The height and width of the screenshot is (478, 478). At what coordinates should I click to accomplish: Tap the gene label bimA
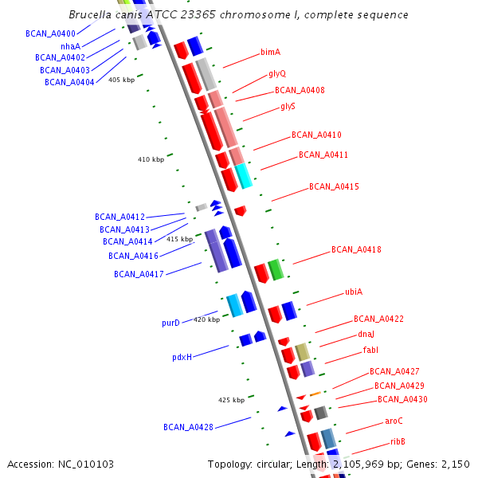point(270,53)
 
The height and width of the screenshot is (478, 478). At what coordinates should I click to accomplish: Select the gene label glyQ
point(277,74)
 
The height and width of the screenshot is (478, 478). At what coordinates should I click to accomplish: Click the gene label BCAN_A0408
point(300,91)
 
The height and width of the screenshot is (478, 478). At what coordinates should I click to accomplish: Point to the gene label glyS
point(288,106)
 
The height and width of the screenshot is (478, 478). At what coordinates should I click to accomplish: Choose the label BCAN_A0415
point(334,187)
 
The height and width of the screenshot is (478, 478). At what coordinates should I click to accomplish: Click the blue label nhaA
point(70,46)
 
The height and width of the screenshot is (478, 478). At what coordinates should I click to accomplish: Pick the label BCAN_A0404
point(70,82)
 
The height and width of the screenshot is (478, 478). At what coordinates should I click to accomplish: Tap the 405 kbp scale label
point(121,80)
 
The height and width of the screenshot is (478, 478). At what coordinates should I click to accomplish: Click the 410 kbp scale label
point(151,159)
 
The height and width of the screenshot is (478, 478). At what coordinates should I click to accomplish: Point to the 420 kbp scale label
point(206,319)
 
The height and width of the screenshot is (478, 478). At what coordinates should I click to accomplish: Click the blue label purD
point(170,323)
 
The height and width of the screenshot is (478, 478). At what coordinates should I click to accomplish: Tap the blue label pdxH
point(182,358)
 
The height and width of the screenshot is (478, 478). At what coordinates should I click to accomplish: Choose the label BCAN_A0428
point(188,427)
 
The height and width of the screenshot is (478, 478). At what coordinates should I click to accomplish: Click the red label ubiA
point(354,292)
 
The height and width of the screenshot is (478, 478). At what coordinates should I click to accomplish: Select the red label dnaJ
point(366,335)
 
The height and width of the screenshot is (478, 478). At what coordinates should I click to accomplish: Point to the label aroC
point(394,421)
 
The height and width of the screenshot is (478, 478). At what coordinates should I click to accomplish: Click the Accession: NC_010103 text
point(61,464)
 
